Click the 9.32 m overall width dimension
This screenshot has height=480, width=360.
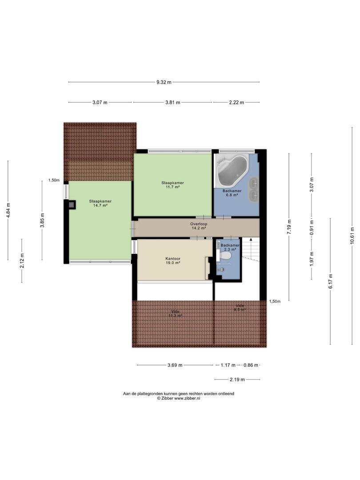tap(164, 82)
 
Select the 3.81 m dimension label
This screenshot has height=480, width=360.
tap(172, 103)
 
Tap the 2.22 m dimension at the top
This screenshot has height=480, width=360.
tap(236, 103)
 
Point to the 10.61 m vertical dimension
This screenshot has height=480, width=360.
tap(352, 235)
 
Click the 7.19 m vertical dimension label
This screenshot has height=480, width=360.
tap(289, 227)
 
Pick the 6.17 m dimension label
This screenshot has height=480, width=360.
tap(330, 281)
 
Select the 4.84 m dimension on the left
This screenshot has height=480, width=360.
tap(8, 210)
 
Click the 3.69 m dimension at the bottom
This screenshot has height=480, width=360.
tap(175, 365)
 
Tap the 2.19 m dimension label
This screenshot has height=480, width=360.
tap(237, 380)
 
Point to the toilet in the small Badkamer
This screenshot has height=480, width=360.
tap(226, 255)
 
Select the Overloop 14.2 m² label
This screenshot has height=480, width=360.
tap(199, 226)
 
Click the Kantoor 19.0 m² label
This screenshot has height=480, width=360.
tap(172, 260)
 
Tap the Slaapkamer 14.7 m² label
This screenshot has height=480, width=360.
tap(100, 203)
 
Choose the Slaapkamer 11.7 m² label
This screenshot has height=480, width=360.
tap(172, 185)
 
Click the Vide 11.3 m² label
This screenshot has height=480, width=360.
tap(176, 313)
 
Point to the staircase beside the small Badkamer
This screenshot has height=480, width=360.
tap(251, 248)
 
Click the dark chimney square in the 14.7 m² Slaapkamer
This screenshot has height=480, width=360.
tap(72, 205)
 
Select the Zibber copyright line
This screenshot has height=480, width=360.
tap(179, 398)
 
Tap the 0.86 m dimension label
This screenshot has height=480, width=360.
tap(251, 365)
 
